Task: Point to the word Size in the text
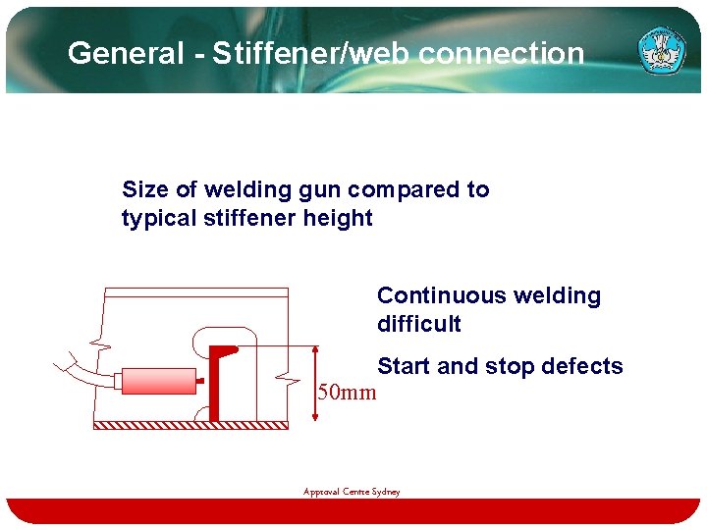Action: click(x=144, y=189)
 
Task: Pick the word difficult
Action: click(x=418, y=324)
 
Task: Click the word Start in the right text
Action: click(x=404, y=366)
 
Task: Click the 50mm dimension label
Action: click(x=347, y=394)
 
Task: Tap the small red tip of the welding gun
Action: click(x=200, y=381)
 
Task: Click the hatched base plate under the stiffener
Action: click(x=190, y=425)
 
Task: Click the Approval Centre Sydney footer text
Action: click(x=352, y=492)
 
